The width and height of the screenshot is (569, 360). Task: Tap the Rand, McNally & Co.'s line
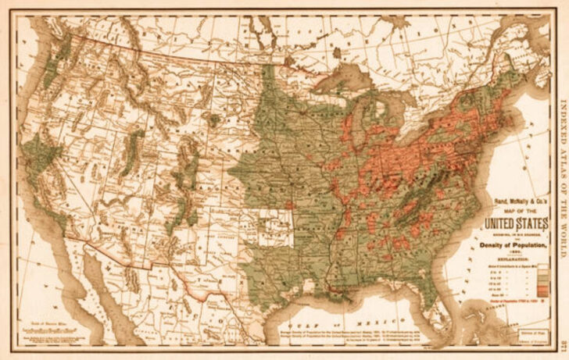(x=509, y=202)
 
